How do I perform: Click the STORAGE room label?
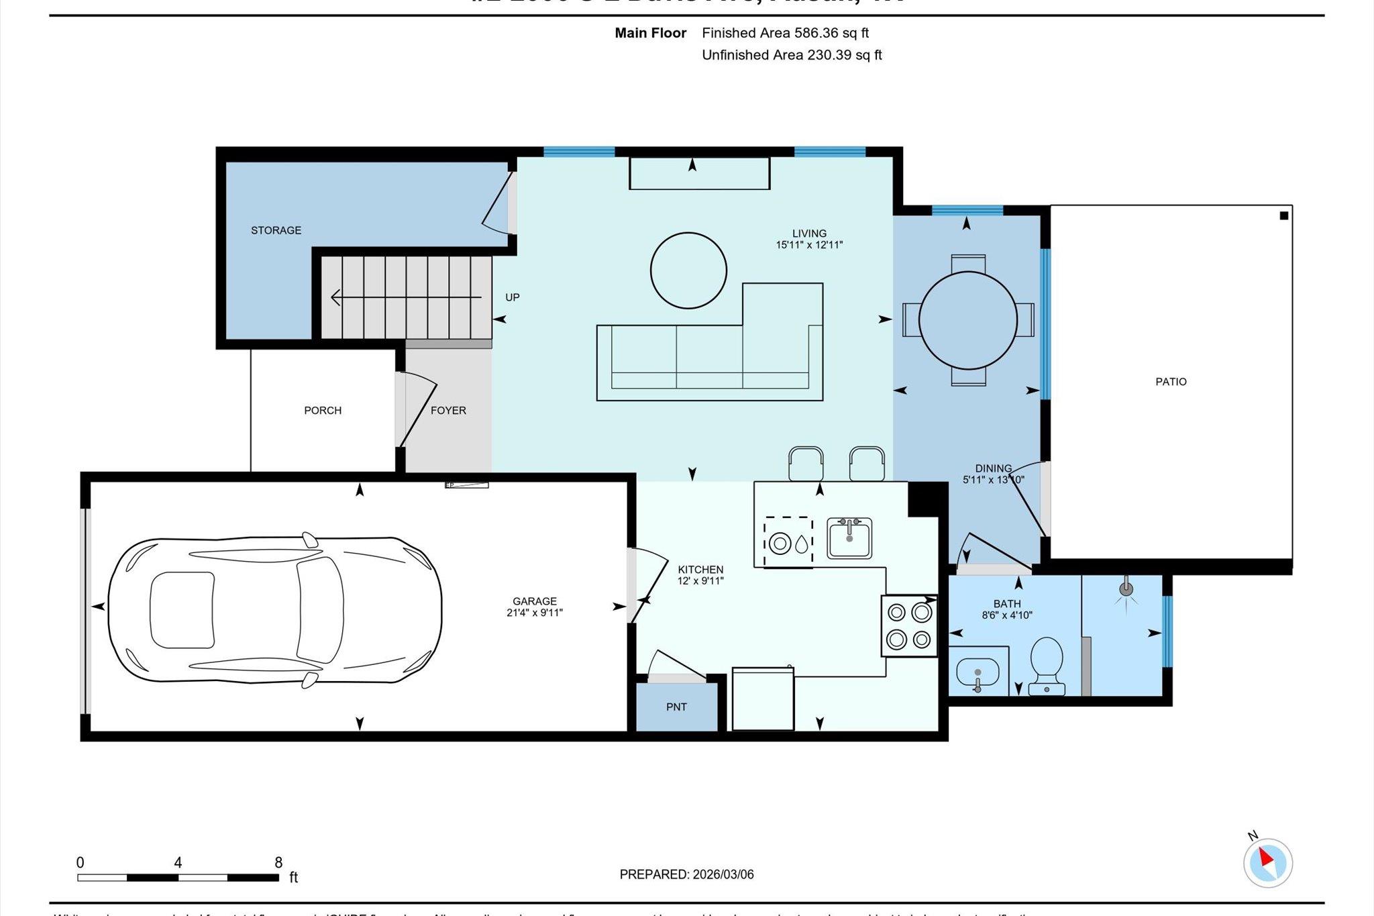[x=276, y=230]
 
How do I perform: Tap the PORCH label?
[x=323, y=410]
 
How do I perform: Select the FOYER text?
[x=448, y=410]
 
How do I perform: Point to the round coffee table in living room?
[x=688, y=270]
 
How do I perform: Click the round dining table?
[x=967, y=320]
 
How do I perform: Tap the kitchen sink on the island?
[x=849, y=538]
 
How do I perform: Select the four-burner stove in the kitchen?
[x=909, y=626]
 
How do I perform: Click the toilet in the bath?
[x=1046, y=664]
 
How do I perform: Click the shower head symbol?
[x=1126, y=590]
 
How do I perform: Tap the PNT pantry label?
[x=676, y=707]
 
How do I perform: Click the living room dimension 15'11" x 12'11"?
[x=809, y=246]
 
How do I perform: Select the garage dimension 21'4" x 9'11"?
[x=534, y=613]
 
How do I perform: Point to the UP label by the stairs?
[x=512, y=297]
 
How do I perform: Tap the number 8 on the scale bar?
[x=278, y=862]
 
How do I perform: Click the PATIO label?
[x=1171, y=381]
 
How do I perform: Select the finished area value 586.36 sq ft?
[x=831, y=33]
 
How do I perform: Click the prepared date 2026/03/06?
[x=723, y=874]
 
